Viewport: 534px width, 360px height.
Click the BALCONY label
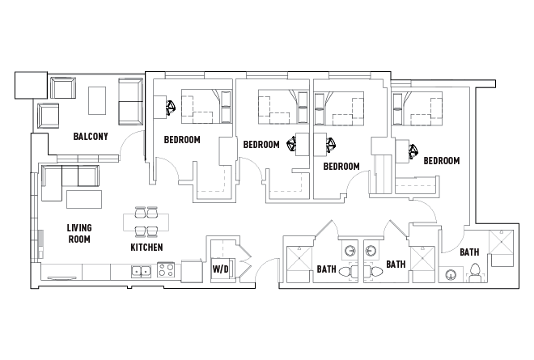pyautogui.click(x=90, y=136)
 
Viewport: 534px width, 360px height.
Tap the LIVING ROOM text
pyautogui.click(x=78, y=234)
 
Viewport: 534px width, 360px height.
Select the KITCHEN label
pyautogui.click(x=146, y=247)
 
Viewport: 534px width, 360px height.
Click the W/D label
pyautogui.click(x=220, y=268)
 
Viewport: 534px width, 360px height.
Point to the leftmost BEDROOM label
pyautogui.click(x=182, y=139)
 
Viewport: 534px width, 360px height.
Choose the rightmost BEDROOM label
pyautogui.click(x=441, y=160)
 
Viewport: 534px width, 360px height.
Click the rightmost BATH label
pyautogui.click(x=469, y=252)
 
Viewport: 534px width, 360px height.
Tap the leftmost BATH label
pyautogui.click(x=326, y=269)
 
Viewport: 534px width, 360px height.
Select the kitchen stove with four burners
pyautogui.click(x=166, y=270)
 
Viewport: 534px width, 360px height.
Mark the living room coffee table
pyautogui.click(x=85, y=198)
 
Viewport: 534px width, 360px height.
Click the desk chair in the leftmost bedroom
pyautogui.click(x=171, y=106)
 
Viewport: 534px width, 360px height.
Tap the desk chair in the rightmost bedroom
pyautogui.click(x=413, y=150)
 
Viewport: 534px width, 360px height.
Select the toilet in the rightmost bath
pyautogui.click(x=475, y=273)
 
